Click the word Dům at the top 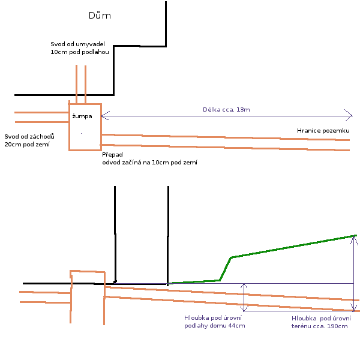(x=100, y=16)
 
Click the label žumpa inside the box (x=82, y=116)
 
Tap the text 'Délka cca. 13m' (x=226, y=110)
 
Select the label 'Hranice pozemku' (x=323, y=130)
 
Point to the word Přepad (x=112, y=154)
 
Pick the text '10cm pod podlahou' (x=80, y=53)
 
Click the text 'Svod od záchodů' (x=29, y=136)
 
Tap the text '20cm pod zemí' (x=27, y=145)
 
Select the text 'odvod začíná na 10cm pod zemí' (x=150, y=163)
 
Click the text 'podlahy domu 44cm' (x=214, y=326)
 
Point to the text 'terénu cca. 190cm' (x=319, y=326)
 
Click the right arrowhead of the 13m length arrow (x=349, y=115)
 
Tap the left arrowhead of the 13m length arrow (x=105, y=115)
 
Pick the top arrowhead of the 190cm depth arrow (x=354, y=238)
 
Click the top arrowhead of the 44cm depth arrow (x=244, y=286)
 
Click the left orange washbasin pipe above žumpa (x=76, y=84)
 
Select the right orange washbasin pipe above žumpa (x=85, y=84)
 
